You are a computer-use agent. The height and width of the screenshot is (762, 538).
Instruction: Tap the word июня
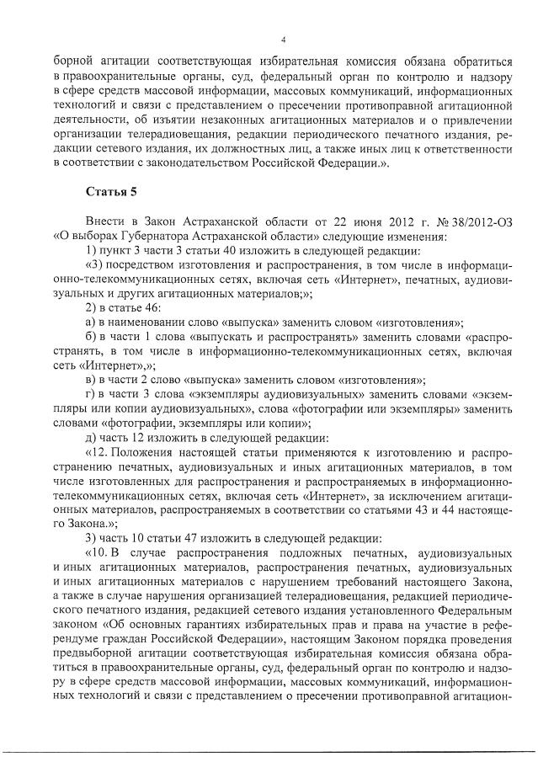pos(353,221)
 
